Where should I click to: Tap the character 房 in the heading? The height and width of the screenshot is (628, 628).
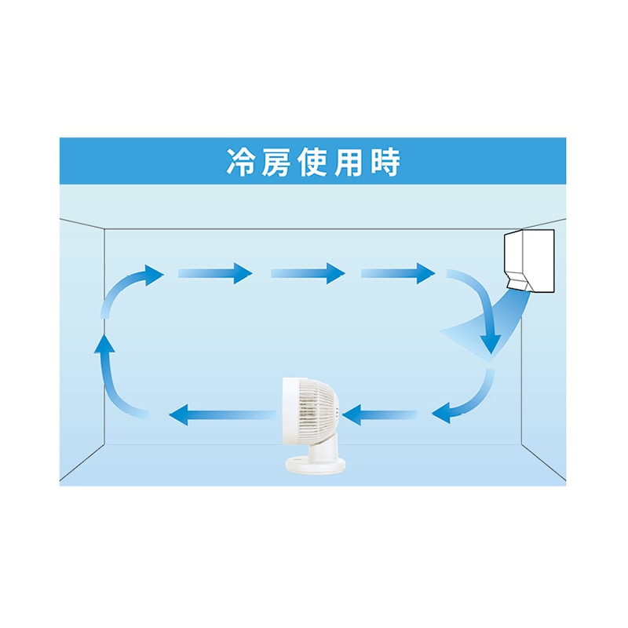pos(276,162)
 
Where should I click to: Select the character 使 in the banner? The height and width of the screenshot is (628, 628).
pos(312,162)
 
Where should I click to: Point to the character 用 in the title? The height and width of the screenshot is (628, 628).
pos(349,162)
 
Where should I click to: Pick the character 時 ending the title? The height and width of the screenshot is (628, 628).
pos(385,162)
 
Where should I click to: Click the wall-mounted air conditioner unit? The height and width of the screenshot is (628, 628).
pos(529,261)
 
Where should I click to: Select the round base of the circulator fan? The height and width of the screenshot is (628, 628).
pos(316,466)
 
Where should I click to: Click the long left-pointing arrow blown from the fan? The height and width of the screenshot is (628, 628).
pos(222,414)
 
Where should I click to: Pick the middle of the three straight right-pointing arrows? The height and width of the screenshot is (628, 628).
pos(308,273)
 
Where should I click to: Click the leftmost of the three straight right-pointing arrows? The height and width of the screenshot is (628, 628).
pos(215,273)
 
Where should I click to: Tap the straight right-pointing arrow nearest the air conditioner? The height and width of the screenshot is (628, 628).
pos(398,273)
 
